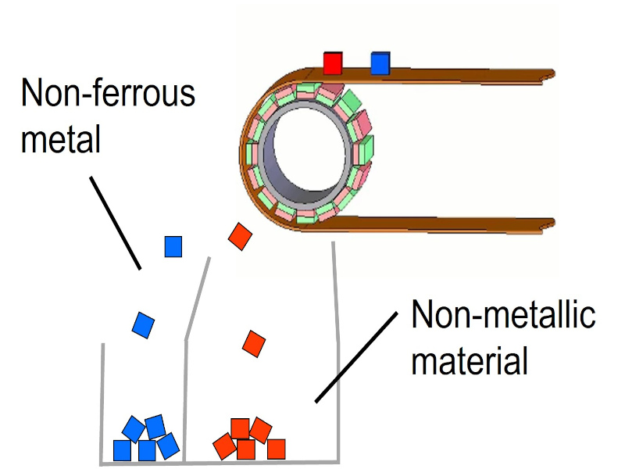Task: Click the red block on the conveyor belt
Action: [x=334, y=63]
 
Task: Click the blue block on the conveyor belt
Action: [x=380, y=63]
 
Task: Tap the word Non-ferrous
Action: [x=109, y=95]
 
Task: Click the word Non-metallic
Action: [x=504, y=316]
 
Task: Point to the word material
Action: [x=470, y=361]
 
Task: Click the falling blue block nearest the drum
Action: [x=173, y=247]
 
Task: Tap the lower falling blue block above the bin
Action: [x=143, y=324]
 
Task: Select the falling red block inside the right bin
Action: [x=255, y=342]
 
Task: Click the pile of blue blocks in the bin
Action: [x=146, y=439]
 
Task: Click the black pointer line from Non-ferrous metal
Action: [x=115, y=223]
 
